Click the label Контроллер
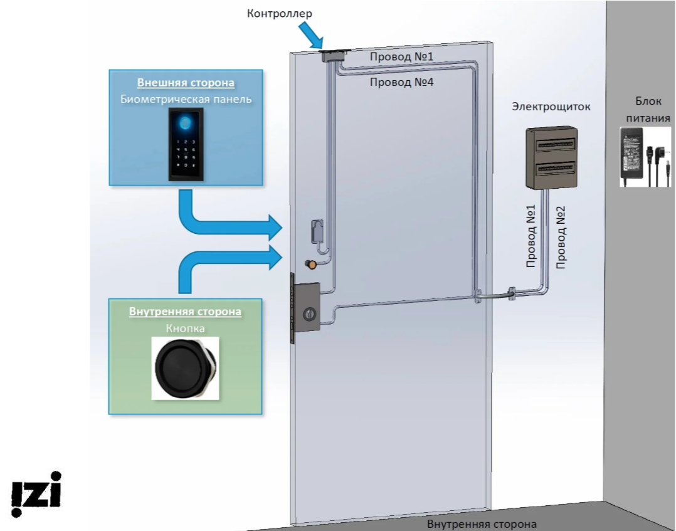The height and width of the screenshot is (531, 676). coord(279,13)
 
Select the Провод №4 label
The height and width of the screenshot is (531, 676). coord(401,81)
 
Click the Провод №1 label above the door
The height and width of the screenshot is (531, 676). coord(402,57)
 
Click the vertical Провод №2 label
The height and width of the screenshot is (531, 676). coord(561,238)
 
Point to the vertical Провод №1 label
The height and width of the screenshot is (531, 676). coord(531,238)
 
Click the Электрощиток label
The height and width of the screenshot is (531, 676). coord(551,107)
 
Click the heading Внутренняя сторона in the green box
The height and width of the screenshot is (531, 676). coord(185,312)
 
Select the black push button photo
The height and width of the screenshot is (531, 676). coord(186,368)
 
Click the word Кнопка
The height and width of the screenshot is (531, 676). coord(185,328)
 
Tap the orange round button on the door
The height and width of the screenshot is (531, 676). coord(310,265)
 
